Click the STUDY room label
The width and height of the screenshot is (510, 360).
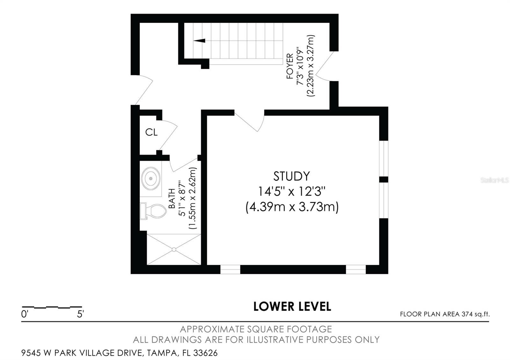click(291, 176)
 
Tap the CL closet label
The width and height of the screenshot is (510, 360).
click(151, 132)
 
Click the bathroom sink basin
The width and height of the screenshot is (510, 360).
click(151, 179)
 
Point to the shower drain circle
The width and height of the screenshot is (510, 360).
click(174, 250)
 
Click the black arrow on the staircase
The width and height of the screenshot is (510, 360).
click(200, 41)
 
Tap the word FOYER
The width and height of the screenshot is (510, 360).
click(290, 66)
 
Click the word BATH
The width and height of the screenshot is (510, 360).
click(172, 198)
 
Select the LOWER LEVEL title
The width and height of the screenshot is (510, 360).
click(292, 306)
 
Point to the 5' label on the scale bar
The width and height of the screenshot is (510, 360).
click(80, 314)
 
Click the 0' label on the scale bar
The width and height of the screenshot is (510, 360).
click(24, 314)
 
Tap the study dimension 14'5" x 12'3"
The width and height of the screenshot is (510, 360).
click(292, 191)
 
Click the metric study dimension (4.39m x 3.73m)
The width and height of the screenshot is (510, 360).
click(292, 207)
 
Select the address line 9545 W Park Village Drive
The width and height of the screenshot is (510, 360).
click(119, 353)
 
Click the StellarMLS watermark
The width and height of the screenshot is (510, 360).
click(494, 180)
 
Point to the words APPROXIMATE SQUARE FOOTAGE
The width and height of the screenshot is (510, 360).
click(256, 329)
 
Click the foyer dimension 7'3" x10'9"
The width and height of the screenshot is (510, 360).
click(300, 66)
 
